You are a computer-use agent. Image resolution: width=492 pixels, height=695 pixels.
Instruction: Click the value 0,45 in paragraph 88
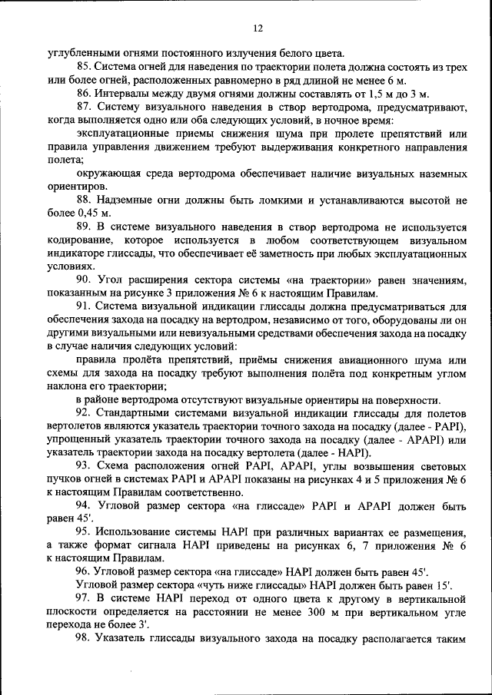click(89, 213)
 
